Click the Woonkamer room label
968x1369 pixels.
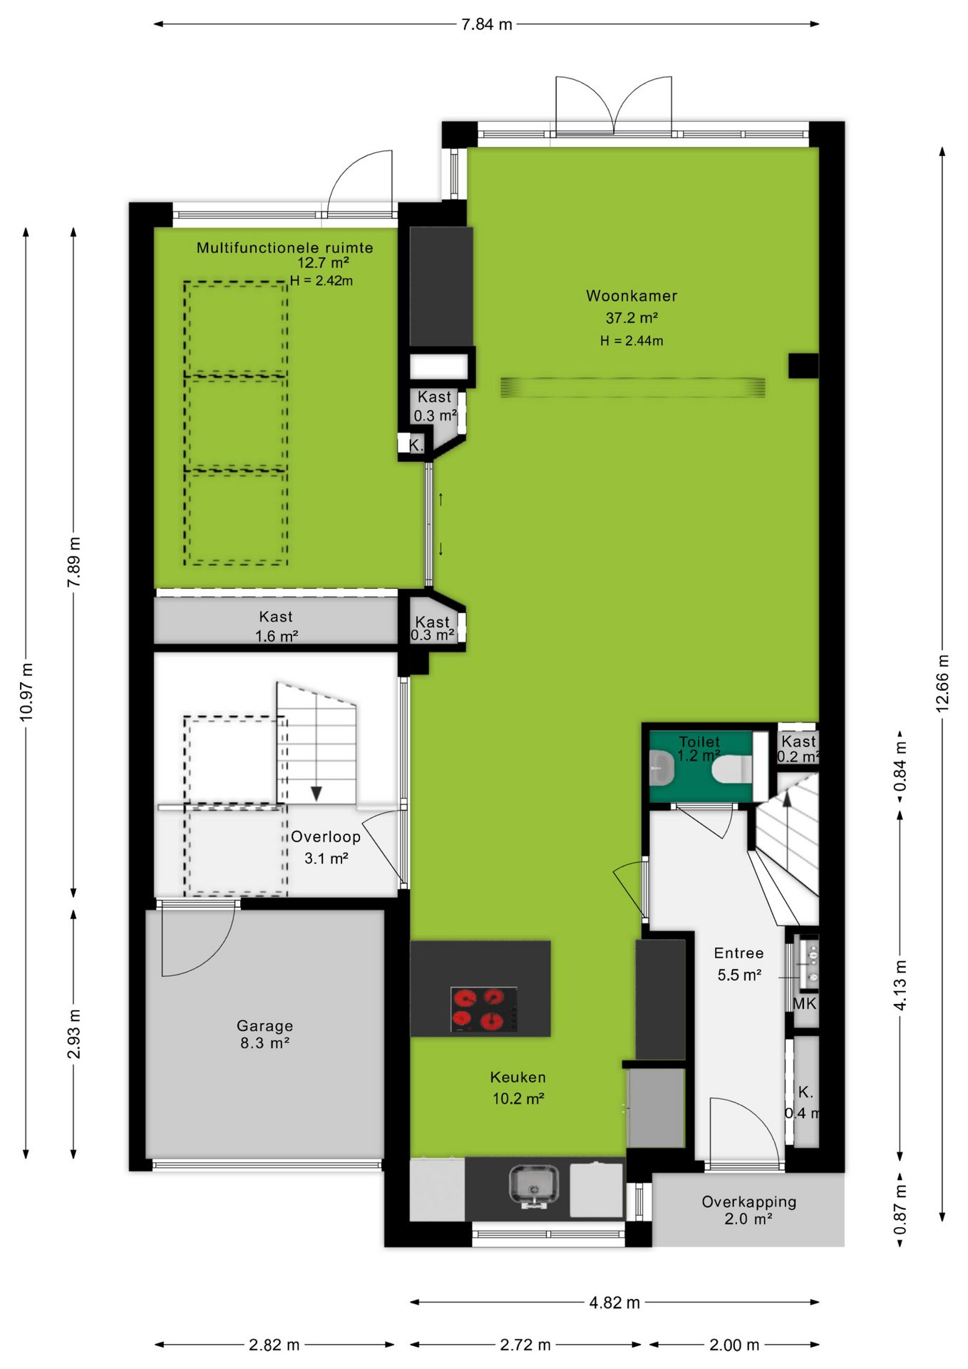[632, 296]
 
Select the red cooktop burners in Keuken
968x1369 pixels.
[484, 1009]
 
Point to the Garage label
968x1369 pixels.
[264, 1026]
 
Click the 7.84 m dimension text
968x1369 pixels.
[487, 24]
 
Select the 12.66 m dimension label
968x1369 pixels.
[942, 683]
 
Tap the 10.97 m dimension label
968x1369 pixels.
[26, 692]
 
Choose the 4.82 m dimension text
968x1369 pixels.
[614, 1303]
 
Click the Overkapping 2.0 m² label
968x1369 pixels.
[748, 1211]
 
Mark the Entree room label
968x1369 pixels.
[738, 953]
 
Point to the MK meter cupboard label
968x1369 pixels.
[805, 1004]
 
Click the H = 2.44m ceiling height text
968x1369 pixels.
[632, 341]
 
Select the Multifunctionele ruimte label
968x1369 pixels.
[284, 247]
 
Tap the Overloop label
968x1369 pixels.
[325, 837]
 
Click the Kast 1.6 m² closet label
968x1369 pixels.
[276, 626]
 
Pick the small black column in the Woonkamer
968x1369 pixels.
[803, 366]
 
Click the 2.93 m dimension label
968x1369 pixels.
[74, 1034]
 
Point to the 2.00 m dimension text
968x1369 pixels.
[734, 1345]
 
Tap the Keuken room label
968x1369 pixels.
[518, 1077]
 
